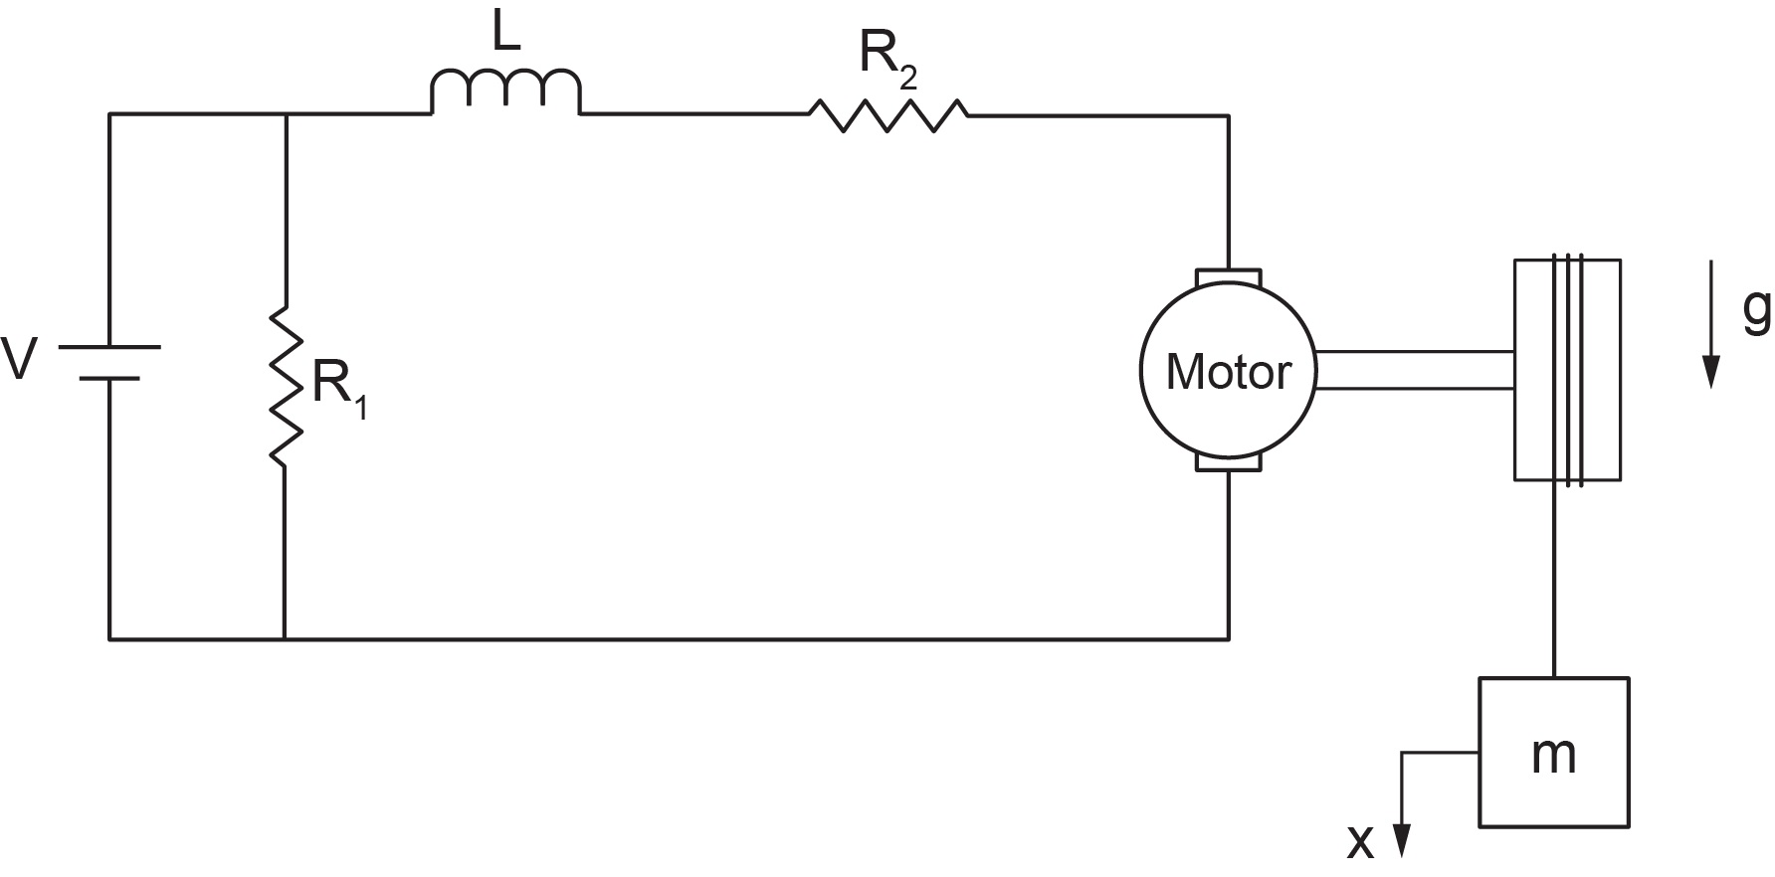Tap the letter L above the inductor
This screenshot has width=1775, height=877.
(506, 35)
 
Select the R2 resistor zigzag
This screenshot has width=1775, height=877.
(887, 115)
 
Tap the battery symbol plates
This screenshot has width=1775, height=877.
(109, 363)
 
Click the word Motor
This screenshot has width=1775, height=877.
(1228, 372)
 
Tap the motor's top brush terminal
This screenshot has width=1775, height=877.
(1229, 276)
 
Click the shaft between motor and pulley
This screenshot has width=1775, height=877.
(1414, 369)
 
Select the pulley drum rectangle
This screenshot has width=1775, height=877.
(1567, 370)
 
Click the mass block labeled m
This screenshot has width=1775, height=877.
(1553, 752)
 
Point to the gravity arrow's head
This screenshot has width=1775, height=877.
(1710, 373)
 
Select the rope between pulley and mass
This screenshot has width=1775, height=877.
(1553, 580)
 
